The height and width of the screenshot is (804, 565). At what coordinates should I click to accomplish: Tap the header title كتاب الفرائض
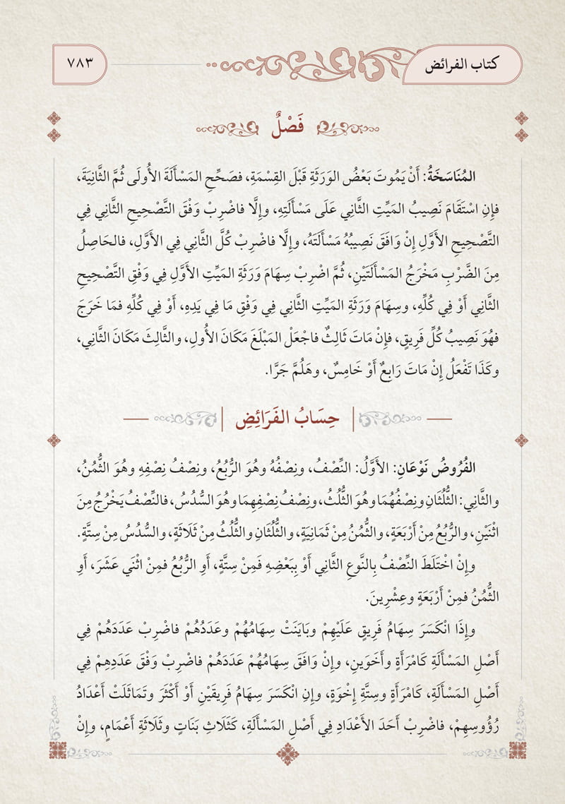click(474, 64)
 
